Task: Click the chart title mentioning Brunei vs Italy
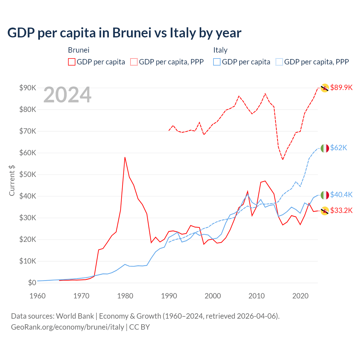[x=124, y=33]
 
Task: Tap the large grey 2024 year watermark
[x=67, y=95]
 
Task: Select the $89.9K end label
[x=341, y=87]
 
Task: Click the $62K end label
[x=339, y=148]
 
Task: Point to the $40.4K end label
[x=341, y=195]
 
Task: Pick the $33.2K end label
[x=341, y=210]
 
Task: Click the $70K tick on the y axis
[x=28, y=131]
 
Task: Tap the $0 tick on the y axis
[x=32, y=283]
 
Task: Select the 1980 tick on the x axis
[x=125, y=296]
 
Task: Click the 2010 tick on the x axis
[x=256, y=296]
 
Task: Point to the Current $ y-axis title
[x=12, y=181]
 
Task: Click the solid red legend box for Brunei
[x=72, y=62]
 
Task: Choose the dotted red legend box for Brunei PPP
[x=134, y=62]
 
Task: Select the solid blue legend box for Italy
[x=217, y=62]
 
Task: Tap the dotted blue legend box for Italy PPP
[x=279, y=62]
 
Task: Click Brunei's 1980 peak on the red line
[x=125, y=157]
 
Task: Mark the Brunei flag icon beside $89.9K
[x=325, y=88]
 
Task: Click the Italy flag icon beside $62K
[x=325, y=148]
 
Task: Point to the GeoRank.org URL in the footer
[x=67, y=327]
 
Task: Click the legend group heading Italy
[x=220, y=50]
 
